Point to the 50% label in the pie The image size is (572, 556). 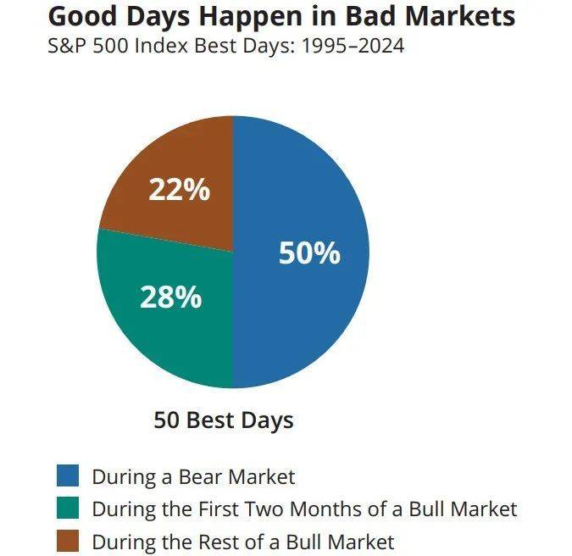click(x=309, y=253)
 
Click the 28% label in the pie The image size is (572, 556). click(x=170, y=297)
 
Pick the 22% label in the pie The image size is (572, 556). click(x=180, y=189)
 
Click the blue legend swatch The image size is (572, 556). click(x=68, y=475)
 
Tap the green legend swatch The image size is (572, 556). click(x=68, y=508)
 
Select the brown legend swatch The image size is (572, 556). click(x=68, y=540)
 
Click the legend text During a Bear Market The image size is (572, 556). click(x=193, y=476)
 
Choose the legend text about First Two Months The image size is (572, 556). click(x=304, y=509)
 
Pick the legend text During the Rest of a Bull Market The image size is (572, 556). click(x=243, y=542)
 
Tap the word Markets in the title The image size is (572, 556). click(x=460, y=16)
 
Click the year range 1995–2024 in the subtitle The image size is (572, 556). click(x=353, y=47)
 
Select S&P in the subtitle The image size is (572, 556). click(x=68, y=47)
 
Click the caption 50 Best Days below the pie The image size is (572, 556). click(x=223, y=420)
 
